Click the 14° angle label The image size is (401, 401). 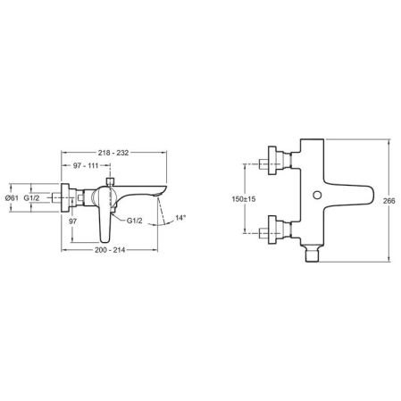(x=181, y=217)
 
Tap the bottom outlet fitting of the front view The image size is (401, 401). (x=312, y=255)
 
